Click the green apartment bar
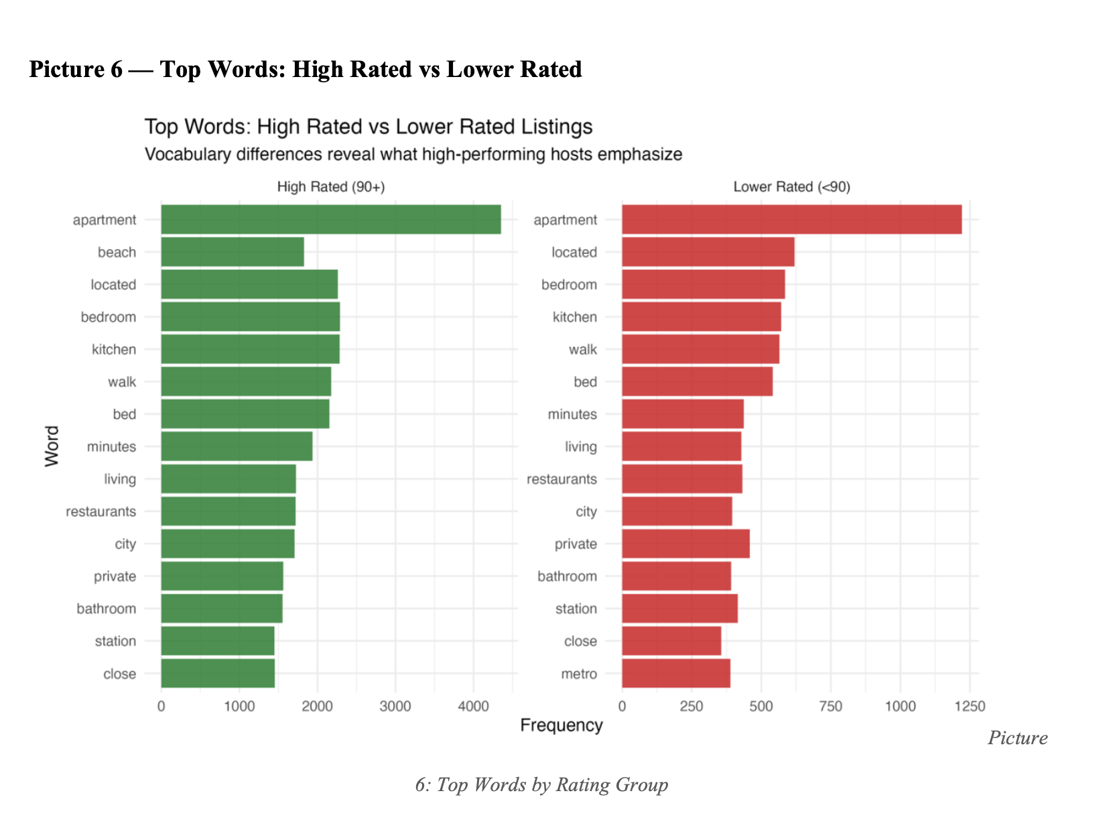(330, 220)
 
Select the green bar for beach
(232, 252)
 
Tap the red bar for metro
(675, 673)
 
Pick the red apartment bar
(791, 220)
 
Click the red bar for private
(685, 543)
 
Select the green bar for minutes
(237, 446)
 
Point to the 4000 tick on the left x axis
(473, 706)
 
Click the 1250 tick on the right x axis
(970, 706)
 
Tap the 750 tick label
(831, 706)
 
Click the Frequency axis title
(562, 725)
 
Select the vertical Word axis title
(52, 446)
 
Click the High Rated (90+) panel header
(331, 187)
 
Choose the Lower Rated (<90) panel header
(791, 187)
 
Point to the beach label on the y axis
(117, 253)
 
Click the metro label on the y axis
(579, 674)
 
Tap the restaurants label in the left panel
(101, 512)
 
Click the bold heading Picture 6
(305, 69)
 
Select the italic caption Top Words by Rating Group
(541, 784)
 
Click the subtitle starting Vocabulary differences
(413, 155)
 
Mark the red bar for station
(679, 608)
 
